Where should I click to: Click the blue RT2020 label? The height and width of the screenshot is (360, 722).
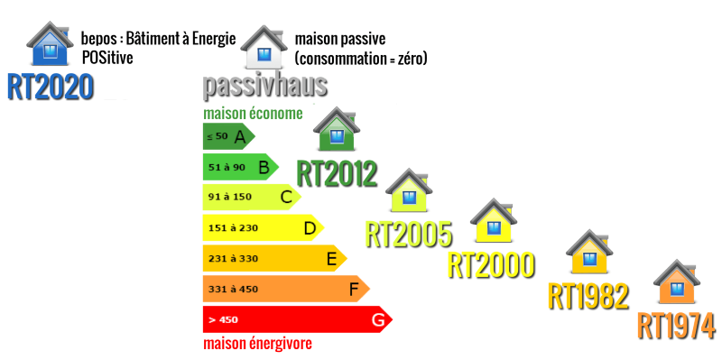(x=51, y=86)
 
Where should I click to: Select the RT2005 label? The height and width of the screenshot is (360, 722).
(x=408, y=234)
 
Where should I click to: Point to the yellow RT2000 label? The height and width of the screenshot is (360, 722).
(x=491, y=264)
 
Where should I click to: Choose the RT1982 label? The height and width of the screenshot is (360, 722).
(x=588, y=295)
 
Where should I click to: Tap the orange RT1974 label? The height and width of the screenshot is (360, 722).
(x=676, y=325)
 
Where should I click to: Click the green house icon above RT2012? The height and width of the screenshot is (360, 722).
(x=336, y=133)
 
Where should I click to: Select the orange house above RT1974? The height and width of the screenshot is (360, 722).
(x=676, y=283)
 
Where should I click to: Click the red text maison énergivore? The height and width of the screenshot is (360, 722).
(x=257, y=344)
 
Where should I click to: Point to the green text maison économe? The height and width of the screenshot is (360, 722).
(x=252, y=114)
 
